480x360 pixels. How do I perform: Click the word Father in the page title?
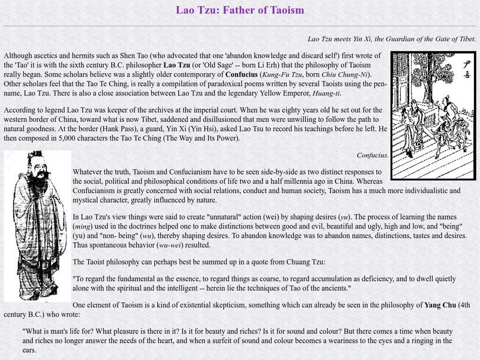tap(242, 10)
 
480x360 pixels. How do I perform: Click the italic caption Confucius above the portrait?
tap(372, 155)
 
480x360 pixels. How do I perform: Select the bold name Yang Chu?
tap(440, 304)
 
